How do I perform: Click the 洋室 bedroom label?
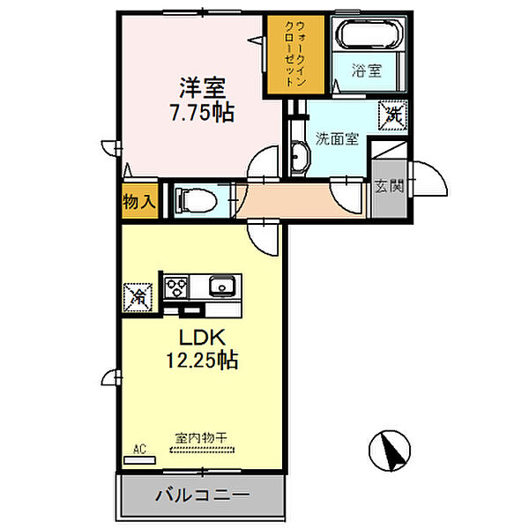coord(203,87)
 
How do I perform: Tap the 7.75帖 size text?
coord(203,113)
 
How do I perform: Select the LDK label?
coord(202,337)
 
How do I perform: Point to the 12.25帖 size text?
coord(202,360)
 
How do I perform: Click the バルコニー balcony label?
coord(203,495)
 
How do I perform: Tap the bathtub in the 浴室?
coord(371,34)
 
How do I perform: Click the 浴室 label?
coord(367,71)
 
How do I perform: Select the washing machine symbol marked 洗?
coord(392,115)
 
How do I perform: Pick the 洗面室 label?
coord(337,138)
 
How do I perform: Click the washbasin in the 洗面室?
coord(300,157)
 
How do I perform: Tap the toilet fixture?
coord(196,200)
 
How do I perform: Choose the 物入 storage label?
coord(139,202)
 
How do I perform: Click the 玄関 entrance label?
coord(390,185)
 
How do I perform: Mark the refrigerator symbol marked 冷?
coord(138,297)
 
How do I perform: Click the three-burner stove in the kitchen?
coord(175,287)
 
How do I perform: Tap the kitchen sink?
coord(222,286)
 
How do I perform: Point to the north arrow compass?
coord(390,451)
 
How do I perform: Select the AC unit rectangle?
coord(139,460)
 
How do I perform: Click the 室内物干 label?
coord(201,438)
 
